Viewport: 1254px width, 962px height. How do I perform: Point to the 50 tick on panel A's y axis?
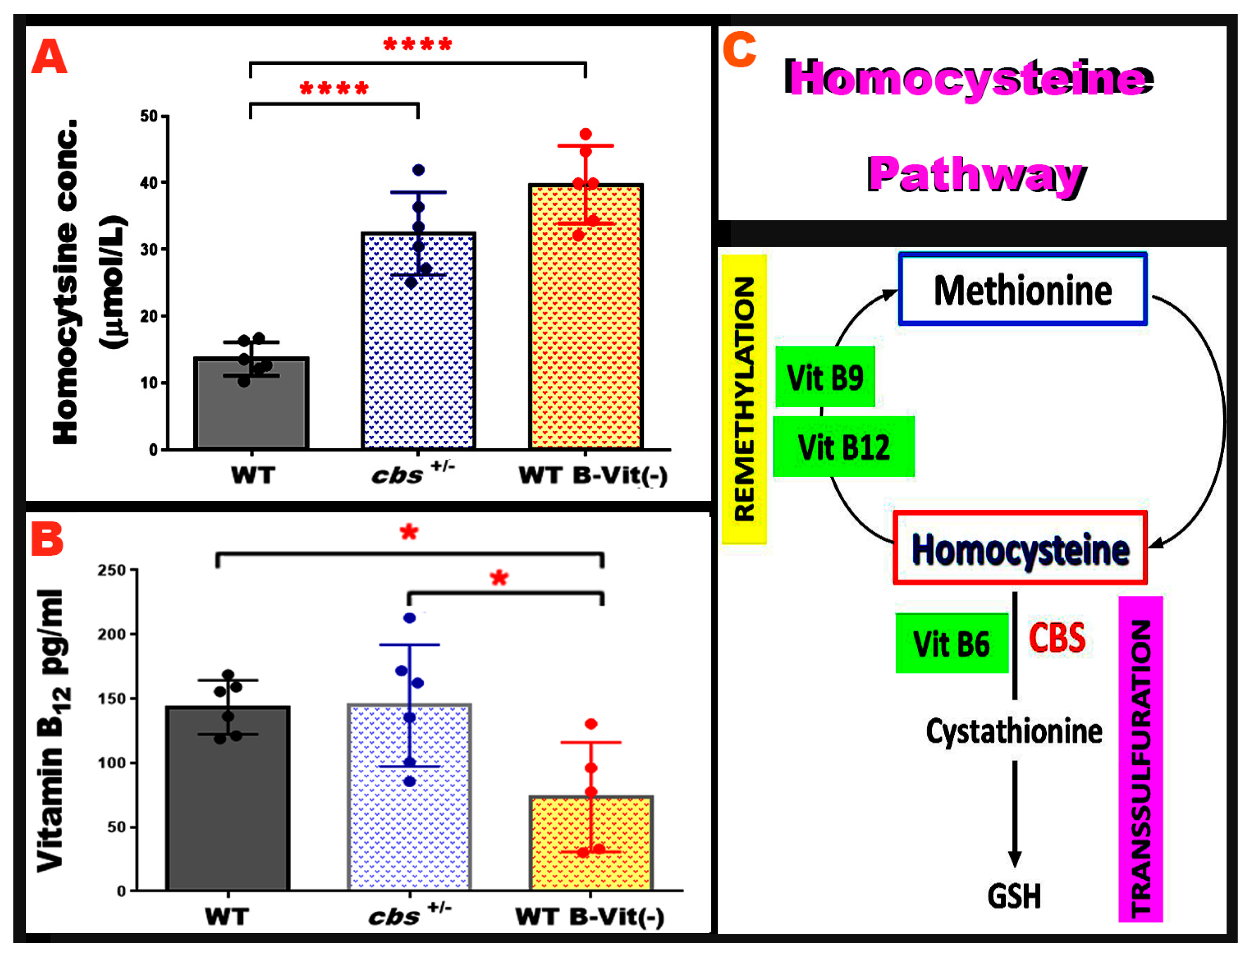click(150, 116)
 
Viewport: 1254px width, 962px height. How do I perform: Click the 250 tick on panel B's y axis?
click(113, 570)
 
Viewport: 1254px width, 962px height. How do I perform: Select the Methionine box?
click(1023, 290)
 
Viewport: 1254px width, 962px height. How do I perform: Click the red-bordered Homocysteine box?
click(1020, 548)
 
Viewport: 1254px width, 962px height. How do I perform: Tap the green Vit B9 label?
click(825, 377)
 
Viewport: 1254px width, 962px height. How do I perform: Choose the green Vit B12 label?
click(843, 447)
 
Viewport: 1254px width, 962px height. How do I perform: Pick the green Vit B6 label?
click(952, 643)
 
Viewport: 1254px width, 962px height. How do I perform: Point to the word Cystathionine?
click(1014, 732)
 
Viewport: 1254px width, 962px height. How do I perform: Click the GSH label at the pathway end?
click(1014, 897)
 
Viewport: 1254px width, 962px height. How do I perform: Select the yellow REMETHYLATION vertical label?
click(743, 399)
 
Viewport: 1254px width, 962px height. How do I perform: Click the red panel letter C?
click(739, 50)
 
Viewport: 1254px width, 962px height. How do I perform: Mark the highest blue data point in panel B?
click(409, 618)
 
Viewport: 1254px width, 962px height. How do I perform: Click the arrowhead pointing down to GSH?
click(1015, 859)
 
